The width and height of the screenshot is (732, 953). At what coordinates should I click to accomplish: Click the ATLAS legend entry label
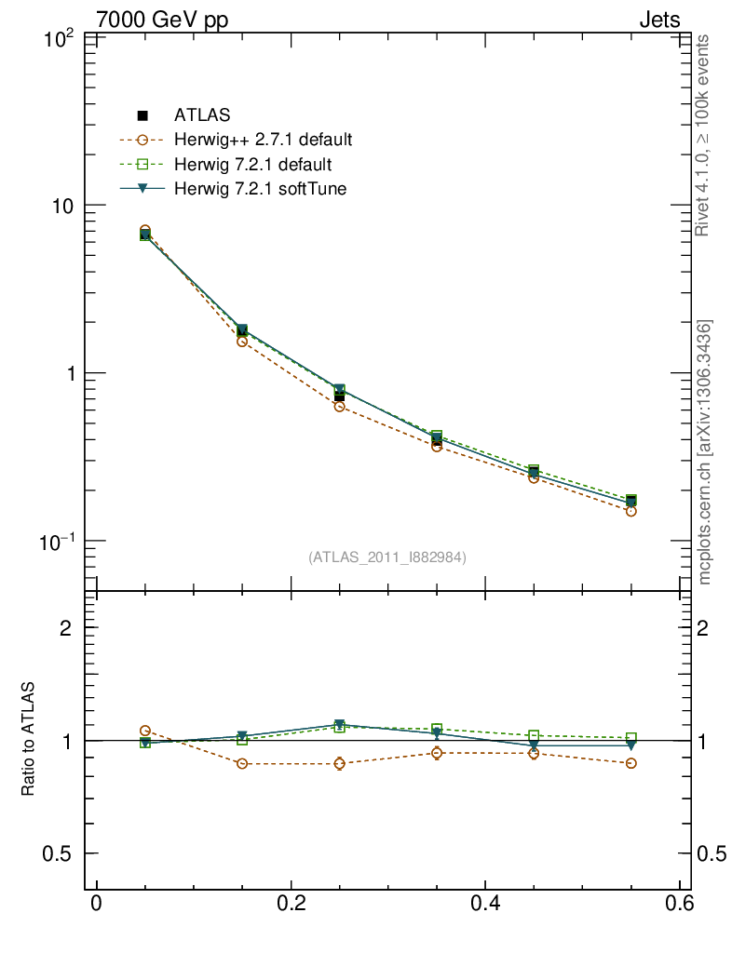[201, 115]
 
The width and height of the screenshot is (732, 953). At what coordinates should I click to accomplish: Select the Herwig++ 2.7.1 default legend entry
[262, 141]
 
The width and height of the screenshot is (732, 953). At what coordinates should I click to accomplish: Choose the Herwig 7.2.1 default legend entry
[252, 165]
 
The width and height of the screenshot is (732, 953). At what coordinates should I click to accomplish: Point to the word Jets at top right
[658, 20]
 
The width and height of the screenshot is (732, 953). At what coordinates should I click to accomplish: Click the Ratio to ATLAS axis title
[29, 739]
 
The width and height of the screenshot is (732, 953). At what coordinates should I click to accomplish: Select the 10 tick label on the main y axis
[64, 205]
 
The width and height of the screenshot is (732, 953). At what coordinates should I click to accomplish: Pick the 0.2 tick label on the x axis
[291, 905]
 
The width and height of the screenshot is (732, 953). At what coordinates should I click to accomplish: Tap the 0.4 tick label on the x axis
[484, 905]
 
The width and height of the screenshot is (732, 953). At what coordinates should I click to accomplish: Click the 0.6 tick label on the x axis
[678, 905]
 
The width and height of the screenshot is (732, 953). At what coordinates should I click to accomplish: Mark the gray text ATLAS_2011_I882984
[387, 557]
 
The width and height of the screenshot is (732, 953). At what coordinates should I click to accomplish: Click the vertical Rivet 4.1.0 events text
[704, 136]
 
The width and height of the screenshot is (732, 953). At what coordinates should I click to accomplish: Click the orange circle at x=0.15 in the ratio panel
[242, 764]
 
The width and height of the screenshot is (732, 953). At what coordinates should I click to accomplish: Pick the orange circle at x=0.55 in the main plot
[630, 511]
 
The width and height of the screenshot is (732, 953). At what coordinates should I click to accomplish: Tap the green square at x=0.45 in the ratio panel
[534, 736]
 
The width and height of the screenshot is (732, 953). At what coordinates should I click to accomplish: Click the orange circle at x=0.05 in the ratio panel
[145, 732]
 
